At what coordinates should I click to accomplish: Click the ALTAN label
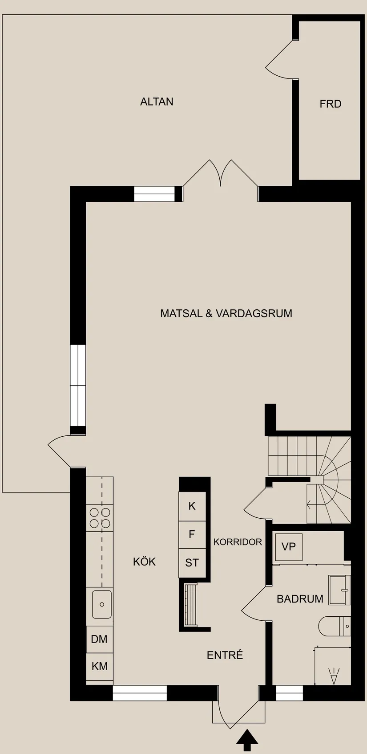(x=157, y=102)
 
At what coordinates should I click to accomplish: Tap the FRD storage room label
(x=330, y=104)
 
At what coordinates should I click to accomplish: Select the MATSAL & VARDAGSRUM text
(x=226, y=313)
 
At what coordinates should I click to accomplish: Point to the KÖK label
(x=144, y=561)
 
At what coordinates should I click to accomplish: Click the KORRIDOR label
(x=238, y=542)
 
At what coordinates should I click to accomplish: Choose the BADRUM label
(x=300, y=598)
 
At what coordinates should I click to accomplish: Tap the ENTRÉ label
(x=225, y=655)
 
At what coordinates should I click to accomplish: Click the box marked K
(x=192, y=506)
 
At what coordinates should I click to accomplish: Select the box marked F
(x=192, y=534)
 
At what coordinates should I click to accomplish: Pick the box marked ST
(x=192, y=563)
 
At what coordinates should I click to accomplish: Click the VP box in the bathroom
(x=289, y=547)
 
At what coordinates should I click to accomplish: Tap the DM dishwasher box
(x=99, y=639)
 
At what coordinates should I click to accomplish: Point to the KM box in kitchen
(x=99, y=666)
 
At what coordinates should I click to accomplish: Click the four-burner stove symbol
(x=100, y=518)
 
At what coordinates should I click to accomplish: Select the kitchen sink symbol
(x=102, y=604)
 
